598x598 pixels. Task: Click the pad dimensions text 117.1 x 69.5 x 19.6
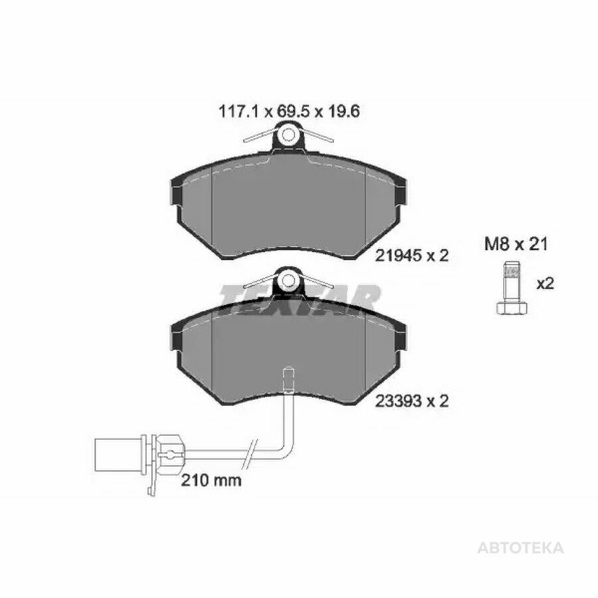289,112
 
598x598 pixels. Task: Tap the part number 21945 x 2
411,256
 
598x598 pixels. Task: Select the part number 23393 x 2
411,401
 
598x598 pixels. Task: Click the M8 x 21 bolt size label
516,244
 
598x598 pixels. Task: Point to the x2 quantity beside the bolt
545,284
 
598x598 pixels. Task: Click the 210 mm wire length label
211,480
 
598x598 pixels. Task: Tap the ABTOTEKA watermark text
520,548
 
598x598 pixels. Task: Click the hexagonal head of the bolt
512,308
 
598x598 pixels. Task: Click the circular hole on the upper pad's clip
288,134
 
